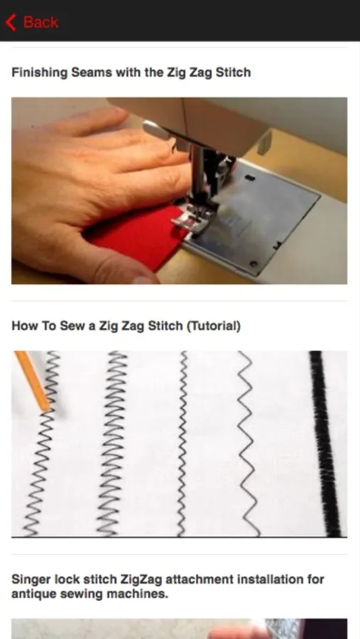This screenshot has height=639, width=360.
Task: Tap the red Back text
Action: pos(40,22)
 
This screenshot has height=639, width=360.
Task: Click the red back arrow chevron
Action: pos(11,22)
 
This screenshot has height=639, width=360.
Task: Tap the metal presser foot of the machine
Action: pos(191,218)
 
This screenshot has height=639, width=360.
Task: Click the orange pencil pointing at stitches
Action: pos(33,381)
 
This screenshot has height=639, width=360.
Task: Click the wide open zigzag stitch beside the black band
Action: pos(248,443)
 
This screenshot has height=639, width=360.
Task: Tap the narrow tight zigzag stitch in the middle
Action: pos(182,443)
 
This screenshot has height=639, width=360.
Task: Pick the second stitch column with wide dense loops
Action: pos(112,443)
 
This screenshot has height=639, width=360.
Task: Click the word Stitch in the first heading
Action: pos(233,72)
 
